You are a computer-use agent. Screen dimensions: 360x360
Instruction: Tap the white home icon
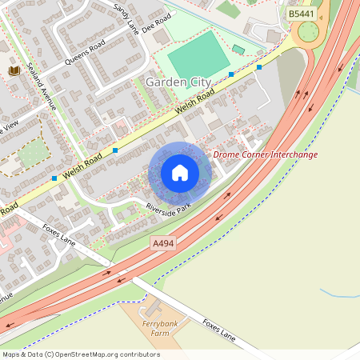tap(180, 173)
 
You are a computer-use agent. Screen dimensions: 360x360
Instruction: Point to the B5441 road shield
tap(302, 14)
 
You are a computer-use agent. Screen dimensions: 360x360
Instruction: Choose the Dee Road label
tap(158, 20)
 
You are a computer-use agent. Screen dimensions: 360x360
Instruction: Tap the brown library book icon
tap(14, 71)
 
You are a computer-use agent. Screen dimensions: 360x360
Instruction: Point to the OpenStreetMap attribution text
tap(81, 354)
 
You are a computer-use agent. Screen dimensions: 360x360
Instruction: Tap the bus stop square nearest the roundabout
tap(259, 67)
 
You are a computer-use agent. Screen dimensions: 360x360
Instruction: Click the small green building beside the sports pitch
tap(238, 50)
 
